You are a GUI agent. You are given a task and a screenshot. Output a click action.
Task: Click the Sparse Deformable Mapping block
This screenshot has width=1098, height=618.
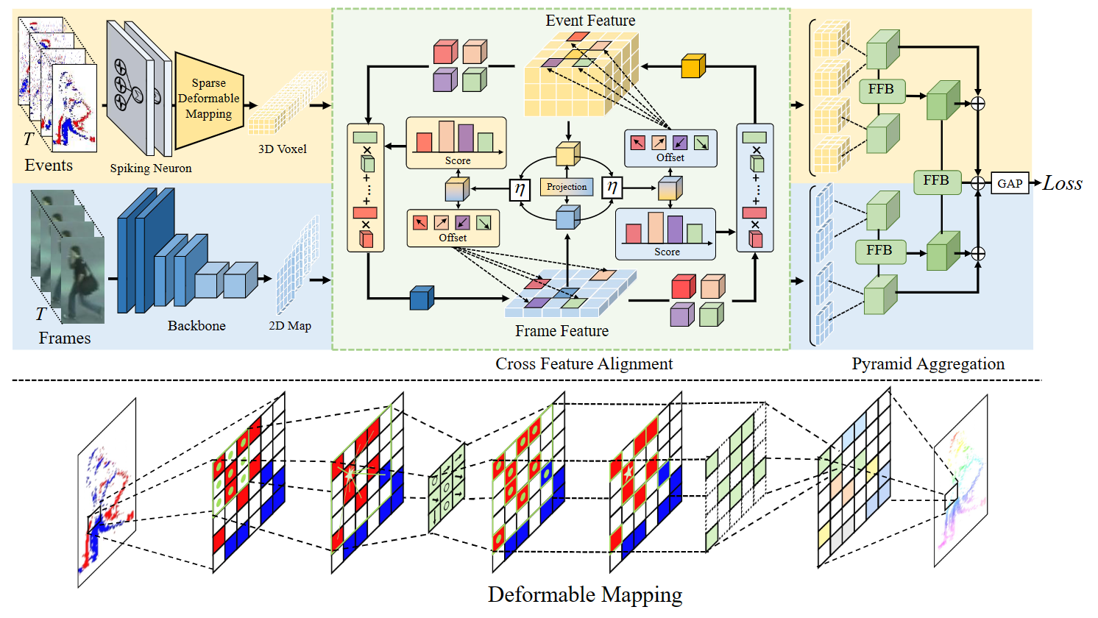208,99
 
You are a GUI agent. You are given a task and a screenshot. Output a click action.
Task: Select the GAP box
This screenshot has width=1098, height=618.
1009,183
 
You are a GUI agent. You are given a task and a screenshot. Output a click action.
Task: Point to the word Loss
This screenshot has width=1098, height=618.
1062,183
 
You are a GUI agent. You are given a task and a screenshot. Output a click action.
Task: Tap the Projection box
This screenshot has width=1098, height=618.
567,187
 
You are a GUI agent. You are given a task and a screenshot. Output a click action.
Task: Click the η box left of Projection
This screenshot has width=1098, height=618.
520,189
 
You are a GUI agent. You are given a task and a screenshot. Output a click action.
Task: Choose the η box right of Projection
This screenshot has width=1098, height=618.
612,188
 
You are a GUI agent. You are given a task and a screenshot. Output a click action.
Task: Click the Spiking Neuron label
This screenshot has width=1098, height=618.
150,168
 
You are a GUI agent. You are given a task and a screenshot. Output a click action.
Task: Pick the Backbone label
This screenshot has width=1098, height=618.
196,325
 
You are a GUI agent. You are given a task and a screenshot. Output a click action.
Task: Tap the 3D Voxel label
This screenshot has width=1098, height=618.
282,149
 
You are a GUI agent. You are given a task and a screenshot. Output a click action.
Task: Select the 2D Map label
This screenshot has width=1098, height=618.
290,325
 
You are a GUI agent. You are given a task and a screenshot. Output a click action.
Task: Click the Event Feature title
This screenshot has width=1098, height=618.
590,21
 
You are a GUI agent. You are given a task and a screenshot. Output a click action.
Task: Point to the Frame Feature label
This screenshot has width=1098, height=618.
562,331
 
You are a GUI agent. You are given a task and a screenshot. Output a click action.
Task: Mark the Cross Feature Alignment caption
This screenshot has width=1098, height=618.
584,363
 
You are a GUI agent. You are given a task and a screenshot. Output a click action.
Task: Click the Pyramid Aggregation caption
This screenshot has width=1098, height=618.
927,363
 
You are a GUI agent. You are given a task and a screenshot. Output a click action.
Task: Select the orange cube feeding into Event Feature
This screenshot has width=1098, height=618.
693,66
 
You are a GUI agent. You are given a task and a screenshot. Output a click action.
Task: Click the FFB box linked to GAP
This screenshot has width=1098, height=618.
936,181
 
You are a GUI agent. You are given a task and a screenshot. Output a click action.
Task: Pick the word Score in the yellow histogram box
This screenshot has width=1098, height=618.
457,160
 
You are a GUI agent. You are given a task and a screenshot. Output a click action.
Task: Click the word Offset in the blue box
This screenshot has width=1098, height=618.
670,157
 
